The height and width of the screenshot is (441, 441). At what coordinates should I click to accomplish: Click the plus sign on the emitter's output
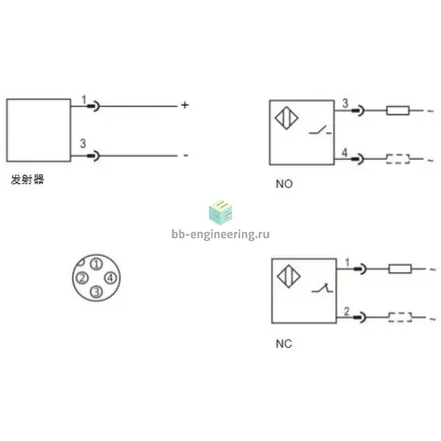pyautogui.click(x=185, y=105)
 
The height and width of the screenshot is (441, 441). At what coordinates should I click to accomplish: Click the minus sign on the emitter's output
pyautogui.click(x=185, y=156)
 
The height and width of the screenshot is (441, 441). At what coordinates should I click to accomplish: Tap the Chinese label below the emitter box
pyautogui.click(x=27, y=179)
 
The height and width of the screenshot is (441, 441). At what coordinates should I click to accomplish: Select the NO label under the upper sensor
pyautogui.click(x=284, y=184)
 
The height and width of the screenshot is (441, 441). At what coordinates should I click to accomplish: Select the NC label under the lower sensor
pyautogui.click(x=283, y=344)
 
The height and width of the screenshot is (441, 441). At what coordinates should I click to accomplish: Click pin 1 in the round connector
pyautogui.click(x=96, y=264)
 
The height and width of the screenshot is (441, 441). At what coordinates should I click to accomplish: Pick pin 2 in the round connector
pyautogui.click(x=82, y=278)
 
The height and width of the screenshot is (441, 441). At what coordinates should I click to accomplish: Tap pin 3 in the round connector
pyautogui.click(x=96, y=292)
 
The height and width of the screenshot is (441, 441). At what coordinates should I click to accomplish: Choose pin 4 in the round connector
pyautogui.click(x=111, y=278)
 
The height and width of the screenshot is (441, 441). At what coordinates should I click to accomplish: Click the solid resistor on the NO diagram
pyautogui.click(x=398, y=111)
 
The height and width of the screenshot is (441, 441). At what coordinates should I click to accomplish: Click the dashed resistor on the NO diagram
pyautogui.click(x=398, y=159)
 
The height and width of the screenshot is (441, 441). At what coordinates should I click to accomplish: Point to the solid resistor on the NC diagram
pyautogui.click(x=400, y=269)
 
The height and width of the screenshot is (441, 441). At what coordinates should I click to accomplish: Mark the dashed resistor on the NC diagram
pyautogui.click(x=400, y=318)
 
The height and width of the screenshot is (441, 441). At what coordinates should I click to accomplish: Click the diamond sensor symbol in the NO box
pyautogui.click(x=286, y=118)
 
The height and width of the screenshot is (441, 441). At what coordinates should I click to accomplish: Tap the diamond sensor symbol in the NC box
pyautogui.click(x=289, y=276)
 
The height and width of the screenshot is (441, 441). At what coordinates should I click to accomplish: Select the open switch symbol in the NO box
pyautogui.click(x=320, y=130)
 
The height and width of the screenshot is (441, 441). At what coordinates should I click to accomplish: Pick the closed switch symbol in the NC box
pyautogui.click(x=322, y=288)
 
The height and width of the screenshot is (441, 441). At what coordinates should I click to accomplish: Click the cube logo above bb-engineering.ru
pyautogui.click(x=220, y=213)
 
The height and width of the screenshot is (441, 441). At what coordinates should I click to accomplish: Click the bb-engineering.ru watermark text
pyautogui.click(x=220, y=234)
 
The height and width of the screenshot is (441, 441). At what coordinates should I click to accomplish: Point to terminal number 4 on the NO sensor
pyautogui.click(x=345, y=152)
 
